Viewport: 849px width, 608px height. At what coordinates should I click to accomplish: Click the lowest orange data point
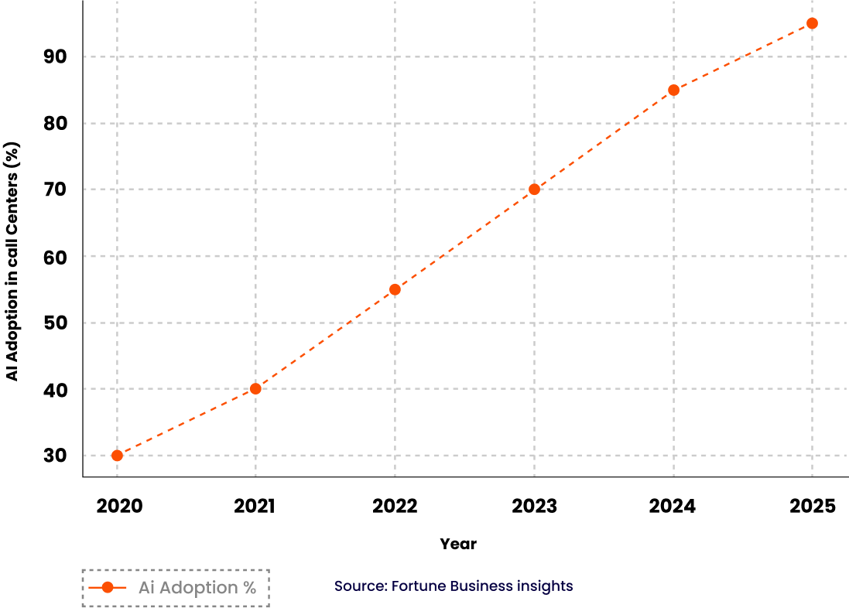tap(117, 456)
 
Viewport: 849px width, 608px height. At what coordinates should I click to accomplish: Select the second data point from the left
tap(255, 388)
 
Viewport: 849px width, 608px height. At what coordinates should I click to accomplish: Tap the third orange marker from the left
tap(395, 289)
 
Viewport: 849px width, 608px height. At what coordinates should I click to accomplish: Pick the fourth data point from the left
tap(534, 189)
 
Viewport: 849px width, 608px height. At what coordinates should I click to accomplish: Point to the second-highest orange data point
tap(673, 90)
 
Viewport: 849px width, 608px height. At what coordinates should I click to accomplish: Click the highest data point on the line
tap(812, 23)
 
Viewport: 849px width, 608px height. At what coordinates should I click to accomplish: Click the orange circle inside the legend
tap(108, 588)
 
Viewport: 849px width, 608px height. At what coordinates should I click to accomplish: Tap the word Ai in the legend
tap(146, 588)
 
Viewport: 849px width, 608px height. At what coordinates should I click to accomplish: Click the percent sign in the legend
tap(248, 588)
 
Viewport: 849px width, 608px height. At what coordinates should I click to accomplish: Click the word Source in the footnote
tap(360, 586)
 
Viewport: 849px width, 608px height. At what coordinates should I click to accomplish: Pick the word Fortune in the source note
tap(419, 586)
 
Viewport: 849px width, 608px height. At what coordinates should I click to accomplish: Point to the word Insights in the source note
tap(543, 586)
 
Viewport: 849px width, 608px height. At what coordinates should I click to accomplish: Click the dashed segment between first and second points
tap(186, 422)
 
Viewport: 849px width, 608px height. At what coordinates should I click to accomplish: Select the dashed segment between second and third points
tap(325, 339)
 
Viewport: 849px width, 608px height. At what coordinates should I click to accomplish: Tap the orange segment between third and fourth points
tap(464, 239)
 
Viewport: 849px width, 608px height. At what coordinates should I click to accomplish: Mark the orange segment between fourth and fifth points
tap(604, 139)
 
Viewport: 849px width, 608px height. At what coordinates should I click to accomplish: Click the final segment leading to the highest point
tap(743, 56)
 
